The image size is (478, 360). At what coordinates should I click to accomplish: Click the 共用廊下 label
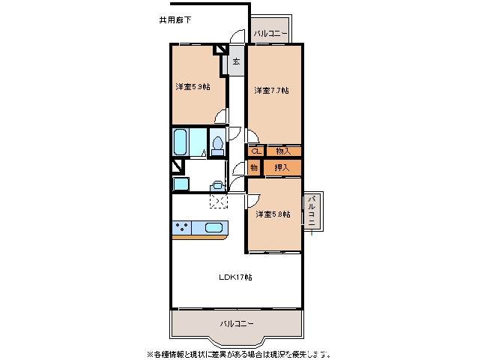click(x=175, y=19)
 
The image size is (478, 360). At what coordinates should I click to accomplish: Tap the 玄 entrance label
click(x=235, y=61)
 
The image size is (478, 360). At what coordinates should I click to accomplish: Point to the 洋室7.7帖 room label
click(x=271, y=91)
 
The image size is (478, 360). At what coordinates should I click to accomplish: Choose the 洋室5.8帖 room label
click(x=273, y=214)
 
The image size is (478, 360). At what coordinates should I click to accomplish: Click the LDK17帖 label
click(x=235, y=277)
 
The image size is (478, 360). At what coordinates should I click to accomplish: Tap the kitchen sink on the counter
click(x=213, y=228)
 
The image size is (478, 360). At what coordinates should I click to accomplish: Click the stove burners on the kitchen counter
click(x=182, y=228)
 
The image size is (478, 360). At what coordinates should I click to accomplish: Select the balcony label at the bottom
click(x=236, y=324)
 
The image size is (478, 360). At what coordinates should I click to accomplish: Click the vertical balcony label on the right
click(x=310, y=211)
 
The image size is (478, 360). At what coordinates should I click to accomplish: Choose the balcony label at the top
click(x=270, y=33)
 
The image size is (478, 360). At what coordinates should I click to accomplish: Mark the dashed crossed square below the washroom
click(x=219, y=200)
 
